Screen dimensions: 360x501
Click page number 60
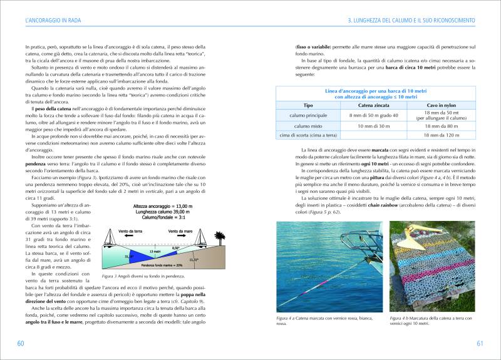[x=20, y=343]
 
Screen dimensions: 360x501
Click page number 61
[x=480, y=343]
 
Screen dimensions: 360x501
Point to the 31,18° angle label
[x=129, y=256]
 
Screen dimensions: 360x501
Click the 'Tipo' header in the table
[x=307, y=105]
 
